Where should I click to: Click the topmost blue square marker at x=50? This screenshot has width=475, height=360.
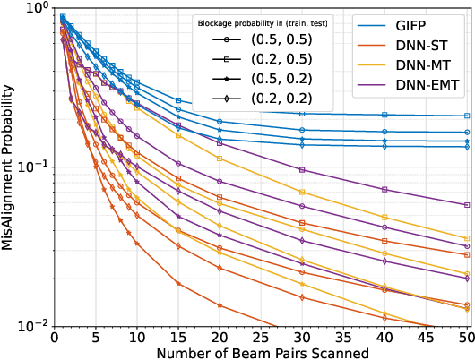point(467,116)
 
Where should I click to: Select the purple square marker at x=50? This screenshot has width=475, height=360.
point(467,205)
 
